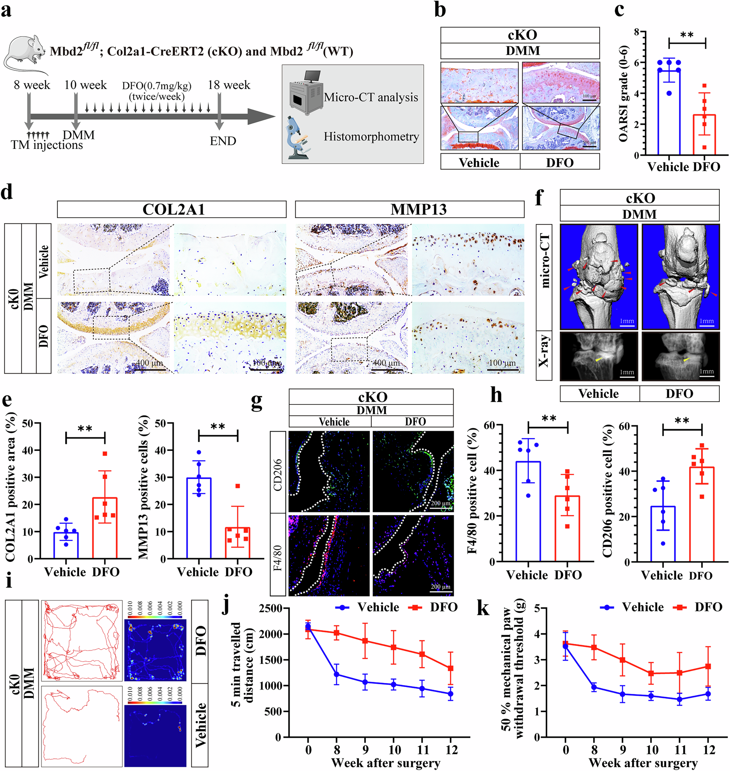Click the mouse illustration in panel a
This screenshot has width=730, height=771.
[x=25, y=53]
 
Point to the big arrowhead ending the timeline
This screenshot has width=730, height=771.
[x=261, y=116]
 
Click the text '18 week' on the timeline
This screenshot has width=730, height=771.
[x=229, y=85]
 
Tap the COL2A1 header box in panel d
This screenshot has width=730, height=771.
[x=172, y=210]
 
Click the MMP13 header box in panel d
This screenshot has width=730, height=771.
[x=410, y=210]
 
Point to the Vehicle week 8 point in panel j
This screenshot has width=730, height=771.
[x=337, y=675]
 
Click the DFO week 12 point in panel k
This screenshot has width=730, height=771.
[x=708, y=667]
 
